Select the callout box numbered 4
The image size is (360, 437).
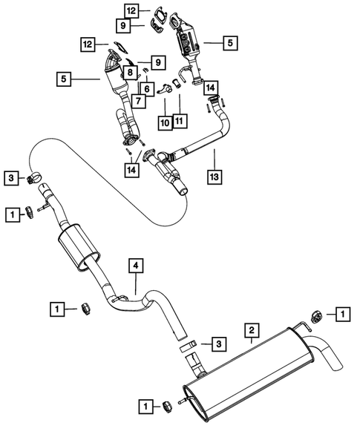click(x=136, y=265)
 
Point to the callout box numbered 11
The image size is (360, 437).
click(x=179, y=120)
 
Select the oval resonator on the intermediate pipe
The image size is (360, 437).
click(x=77, y=249)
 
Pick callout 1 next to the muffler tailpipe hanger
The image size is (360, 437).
click(x=341, y=315)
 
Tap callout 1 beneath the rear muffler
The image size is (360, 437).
click(x=146, y=405)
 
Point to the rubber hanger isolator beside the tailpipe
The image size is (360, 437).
click(x=313, y=318)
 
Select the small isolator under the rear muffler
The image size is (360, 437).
click(x=168, y=404)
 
